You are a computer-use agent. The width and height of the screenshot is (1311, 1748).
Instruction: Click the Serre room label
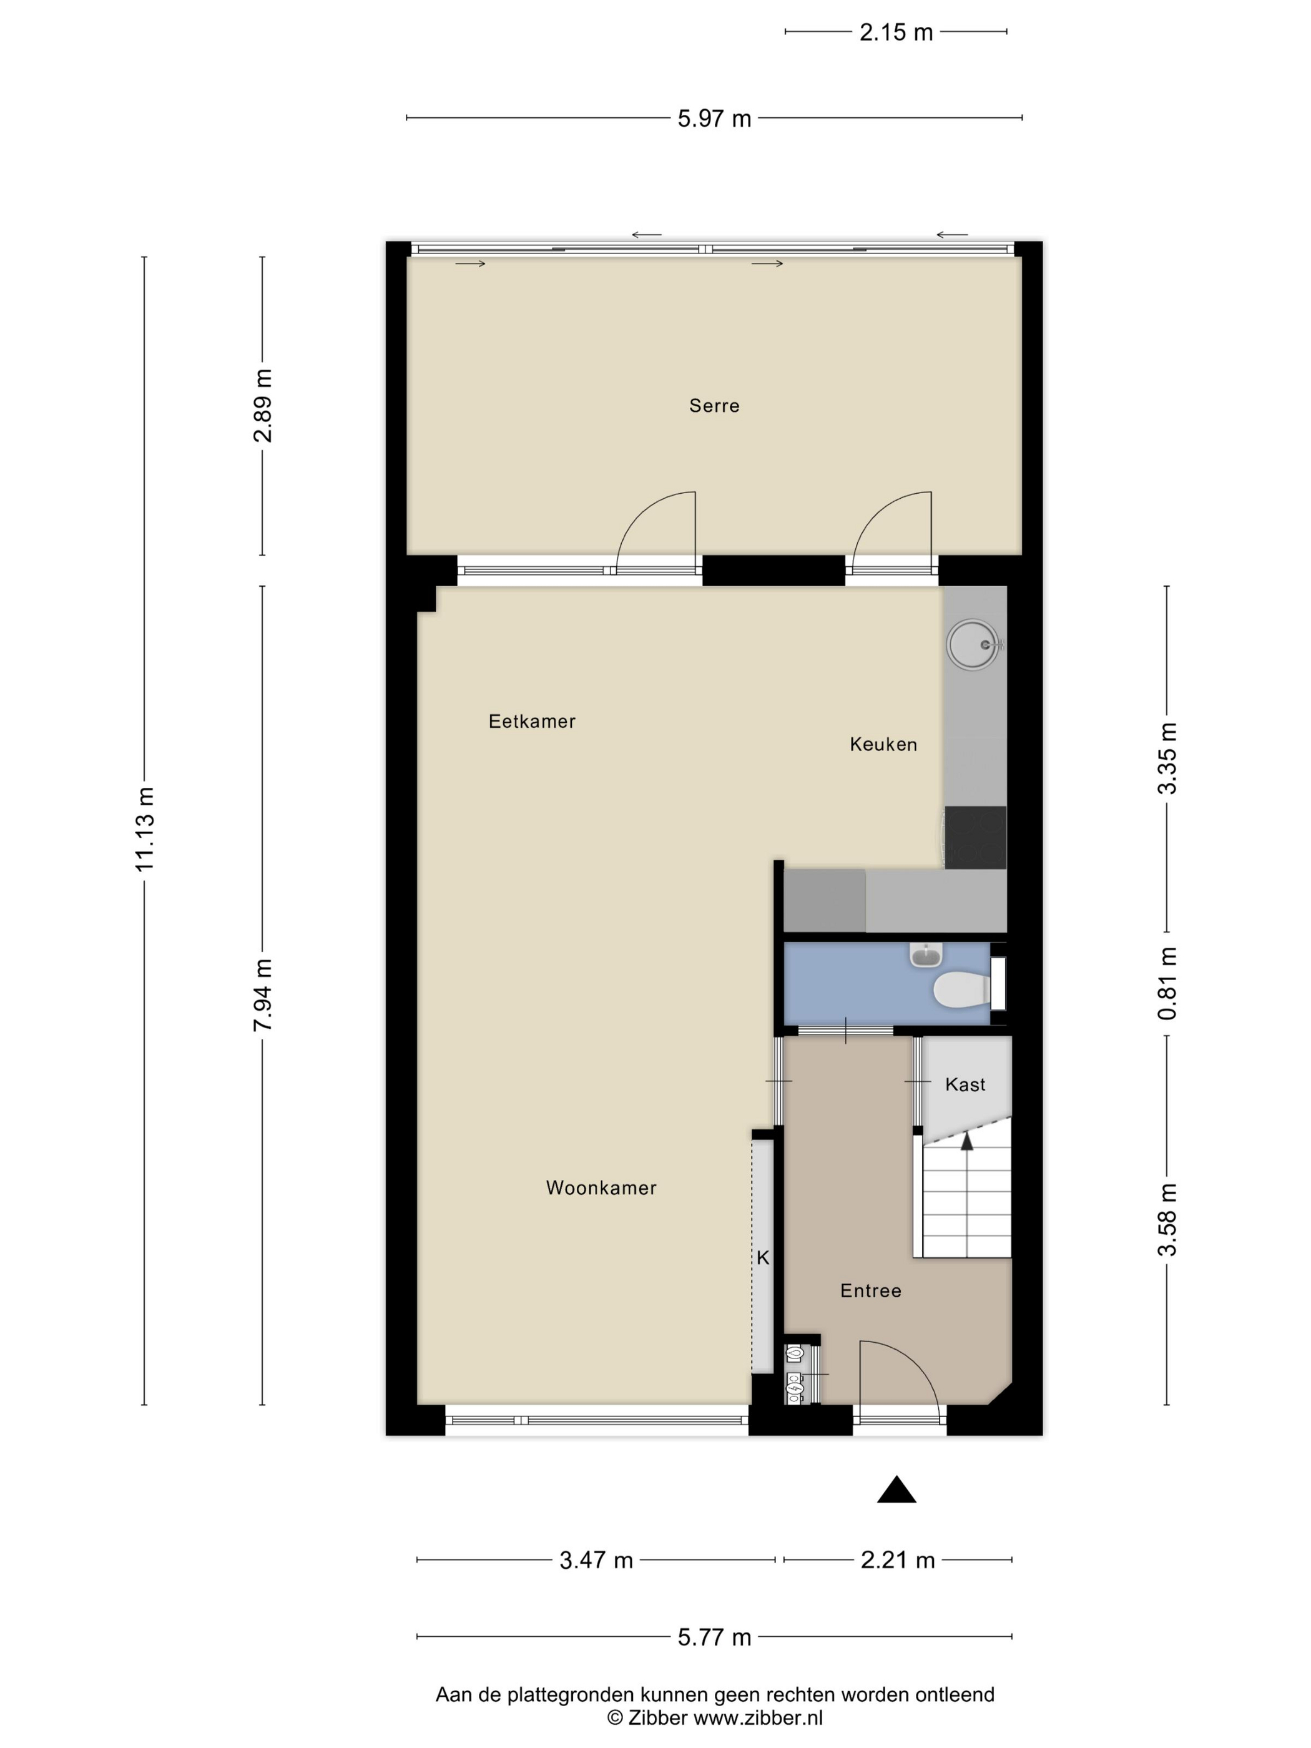pos(714,405)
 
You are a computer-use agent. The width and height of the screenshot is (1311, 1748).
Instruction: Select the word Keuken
pos(883,744)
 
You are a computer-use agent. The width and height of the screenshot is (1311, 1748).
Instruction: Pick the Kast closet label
pos(965,1084)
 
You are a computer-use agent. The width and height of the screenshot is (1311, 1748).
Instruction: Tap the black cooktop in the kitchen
pos(975,838)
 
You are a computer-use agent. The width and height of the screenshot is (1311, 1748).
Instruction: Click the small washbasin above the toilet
pos(925,955)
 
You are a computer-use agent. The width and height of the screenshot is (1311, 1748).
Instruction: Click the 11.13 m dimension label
pos(145,829)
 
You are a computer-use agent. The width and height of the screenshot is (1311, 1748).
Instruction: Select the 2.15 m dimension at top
pos(896,32)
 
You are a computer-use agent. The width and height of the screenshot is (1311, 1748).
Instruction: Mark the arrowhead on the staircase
pos(966,1139)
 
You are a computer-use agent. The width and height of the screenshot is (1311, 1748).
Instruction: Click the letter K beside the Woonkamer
pos(763,1257)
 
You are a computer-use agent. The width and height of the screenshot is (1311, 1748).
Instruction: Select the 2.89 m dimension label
pos(262,405)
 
